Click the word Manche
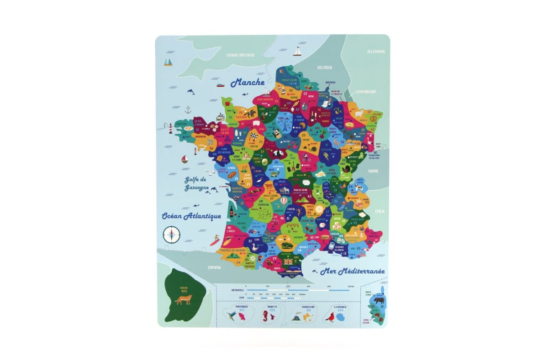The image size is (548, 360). pyautogui.click(x=248, y=83)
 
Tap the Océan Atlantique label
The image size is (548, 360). pyautogui.click(x=191, y=216)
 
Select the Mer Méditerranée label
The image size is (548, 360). pyautogui.click(x=352, y=271)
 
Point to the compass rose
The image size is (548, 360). pyautogui.click(x=172, y=235)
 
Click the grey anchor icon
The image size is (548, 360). pyautogui.click(x=187, y=110)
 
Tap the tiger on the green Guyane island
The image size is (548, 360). pyautogui.click(x=184, y=299)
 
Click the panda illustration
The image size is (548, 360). pyautogui.click(x=279, y=154)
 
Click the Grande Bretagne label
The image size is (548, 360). pyautogui.click(x=241, y=55)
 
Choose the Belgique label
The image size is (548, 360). pyautogui.click(x=325, y=67)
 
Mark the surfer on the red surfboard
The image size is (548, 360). pyautogui.click(x=215, y=240)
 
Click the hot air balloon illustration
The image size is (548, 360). pyautogui.click(x=284, y=201)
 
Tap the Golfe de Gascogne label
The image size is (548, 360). pyautogui.click(x=197, y=183)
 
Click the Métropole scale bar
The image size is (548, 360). pyautogui.click(x=297, y=290)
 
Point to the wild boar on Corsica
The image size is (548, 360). pyautogui.click(x=379, y=301)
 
